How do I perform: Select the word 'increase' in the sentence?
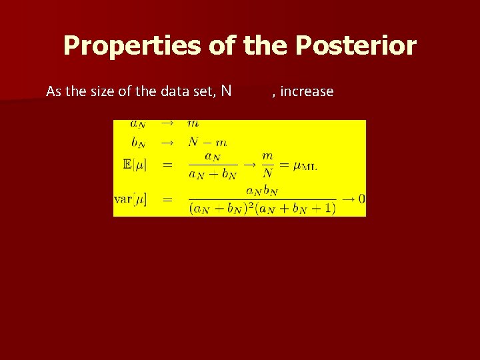(x=307, y=91)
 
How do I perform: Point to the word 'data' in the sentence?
(x=175, y=91)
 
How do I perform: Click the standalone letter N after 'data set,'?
(x=227, y=91)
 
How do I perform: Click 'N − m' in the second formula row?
(x=207, y=142)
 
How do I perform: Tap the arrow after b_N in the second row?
(x=167, y=142)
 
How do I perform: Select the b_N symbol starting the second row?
(x=138, y=142)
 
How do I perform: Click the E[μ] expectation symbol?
(x=135, y=164)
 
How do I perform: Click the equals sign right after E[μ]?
(x=167, y=164)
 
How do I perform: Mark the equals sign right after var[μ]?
(x=167, y=199)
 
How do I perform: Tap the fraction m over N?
(x=267, y=164)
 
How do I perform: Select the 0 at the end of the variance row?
(x=361, y=199)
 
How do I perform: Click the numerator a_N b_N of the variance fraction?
(x=261, y=190)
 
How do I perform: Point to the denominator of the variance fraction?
(x=262, y=208)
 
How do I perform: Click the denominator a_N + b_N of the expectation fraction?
(x=212, y=175)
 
